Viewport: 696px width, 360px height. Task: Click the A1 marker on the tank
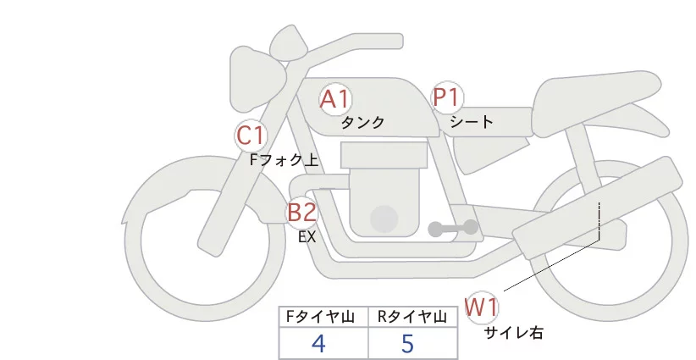click(335, 99)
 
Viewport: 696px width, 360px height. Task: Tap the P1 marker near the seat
click(445, 97)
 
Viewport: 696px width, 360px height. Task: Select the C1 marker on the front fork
click(251, 134)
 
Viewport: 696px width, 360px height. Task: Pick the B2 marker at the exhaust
click(301, 212)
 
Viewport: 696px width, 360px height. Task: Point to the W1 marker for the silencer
click(482, 307)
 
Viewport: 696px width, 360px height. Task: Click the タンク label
click(362, 122)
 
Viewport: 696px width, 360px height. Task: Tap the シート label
click(472, 122)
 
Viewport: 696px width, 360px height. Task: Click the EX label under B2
click(307, 237)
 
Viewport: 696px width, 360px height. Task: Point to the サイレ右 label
click(513, 333)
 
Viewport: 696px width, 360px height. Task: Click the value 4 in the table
click(318, 344)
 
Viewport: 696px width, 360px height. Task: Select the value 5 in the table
click(407, 344)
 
